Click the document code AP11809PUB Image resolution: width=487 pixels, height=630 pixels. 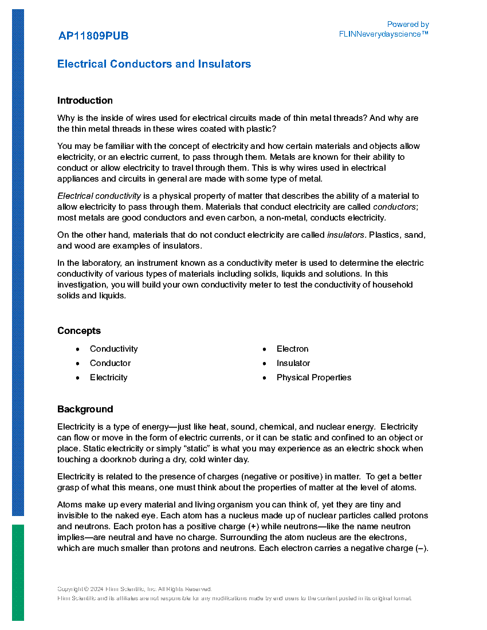[x=93, y=36]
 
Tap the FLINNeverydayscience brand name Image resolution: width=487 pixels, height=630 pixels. [x=383, y=34]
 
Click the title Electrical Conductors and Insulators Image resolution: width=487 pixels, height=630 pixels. [x=154, y=64]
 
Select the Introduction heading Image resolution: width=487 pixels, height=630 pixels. [x=85, y=101]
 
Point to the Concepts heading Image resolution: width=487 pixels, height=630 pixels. [x=79, y=331]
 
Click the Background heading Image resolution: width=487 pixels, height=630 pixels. [x=85, y=409]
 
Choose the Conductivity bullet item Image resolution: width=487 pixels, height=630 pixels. [x=113, y=349]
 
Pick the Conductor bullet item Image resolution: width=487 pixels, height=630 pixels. [x=110, y=363]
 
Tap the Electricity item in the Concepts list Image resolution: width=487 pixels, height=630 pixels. [x=108, y=377]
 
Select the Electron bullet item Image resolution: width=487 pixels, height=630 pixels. [x=292, y=349]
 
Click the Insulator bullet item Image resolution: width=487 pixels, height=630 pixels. [x=293, y=363]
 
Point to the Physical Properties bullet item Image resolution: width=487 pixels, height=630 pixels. [x=313, y=377]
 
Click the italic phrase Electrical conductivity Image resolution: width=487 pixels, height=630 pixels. [x=99, y=196]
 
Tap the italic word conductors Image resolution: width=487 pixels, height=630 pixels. [x=394, y=207]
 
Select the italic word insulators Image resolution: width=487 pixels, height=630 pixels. [x=345, y=235]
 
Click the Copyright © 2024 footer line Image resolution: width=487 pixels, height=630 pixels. [x=135, y=589]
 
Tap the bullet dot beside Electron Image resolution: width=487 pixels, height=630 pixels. [x=264, y=349]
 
